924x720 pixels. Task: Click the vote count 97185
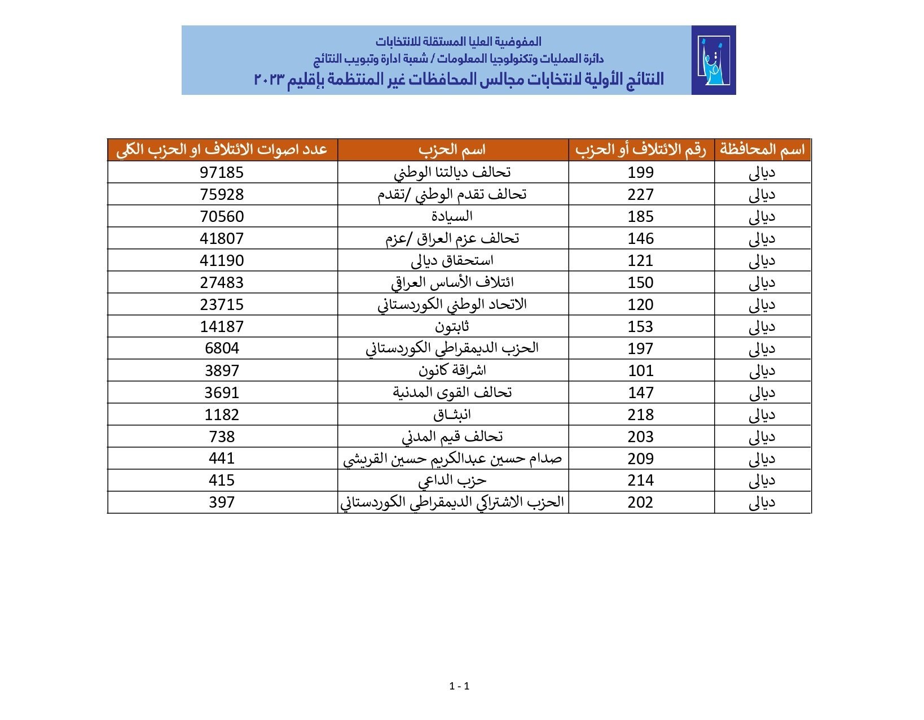pyautogui.click(x=222, y=173)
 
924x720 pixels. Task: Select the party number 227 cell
pyautogui.click(x=640, y=195)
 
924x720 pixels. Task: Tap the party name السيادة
pyautogui.click(x=452, y=216)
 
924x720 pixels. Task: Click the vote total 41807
pyautogui.click(x=222, y=239)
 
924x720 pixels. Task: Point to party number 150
pyautogui.click(x=640, y=283)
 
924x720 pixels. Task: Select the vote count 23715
pyautogui.click(x=222, y=305)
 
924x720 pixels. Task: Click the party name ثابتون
pyautogui.click(x=452, y=326)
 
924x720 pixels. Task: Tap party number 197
pyautogui.click(x=640, y=349)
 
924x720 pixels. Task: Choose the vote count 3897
pyautogui.click(x=222, y=371)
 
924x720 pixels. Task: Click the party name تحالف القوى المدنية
pyautogui.click(x=452, y=392)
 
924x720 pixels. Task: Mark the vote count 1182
pyautogui.click(x=222, y=415)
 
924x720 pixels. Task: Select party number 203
pyautogui.click(x=640, y=437)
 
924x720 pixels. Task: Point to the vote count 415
pyautogui.click(x=222, y=481)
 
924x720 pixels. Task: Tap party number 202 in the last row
pyautogui.click(x=640, y=503)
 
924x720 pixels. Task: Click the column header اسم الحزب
pyautogui.click(x=452, y=150)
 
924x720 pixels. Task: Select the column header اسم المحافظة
pyautogui.click(x=762, y=150)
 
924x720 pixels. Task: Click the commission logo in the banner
pyautogui.click(x=713, y=60)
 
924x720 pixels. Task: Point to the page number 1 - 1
pyautogui.click(x=460, y=687)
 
